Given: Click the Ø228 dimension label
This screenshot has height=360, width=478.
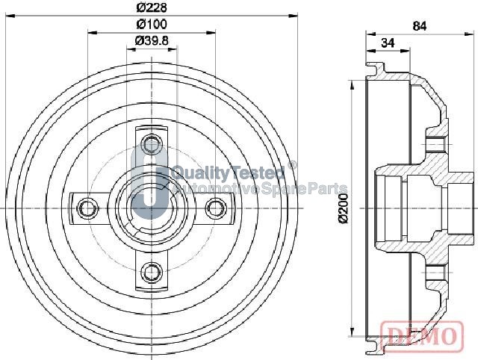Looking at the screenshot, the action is [152, 7].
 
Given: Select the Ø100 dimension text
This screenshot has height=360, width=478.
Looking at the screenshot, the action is [152, 24].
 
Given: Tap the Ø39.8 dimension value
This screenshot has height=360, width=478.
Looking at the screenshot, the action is [152, 41].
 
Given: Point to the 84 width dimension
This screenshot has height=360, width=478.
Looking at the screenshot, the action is [420, 26].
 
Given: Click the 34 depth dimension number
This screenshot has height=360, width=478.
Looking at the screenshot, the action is [388, 43].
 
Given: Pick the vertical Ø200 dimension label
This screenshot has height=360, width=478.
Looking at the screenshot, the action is [344, 208].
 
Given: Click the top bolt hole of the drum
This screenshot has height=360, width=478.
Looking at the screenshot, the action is [152, 144].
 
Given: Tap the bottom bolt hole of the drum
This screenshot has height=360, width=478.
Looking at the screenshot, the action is [152, 272].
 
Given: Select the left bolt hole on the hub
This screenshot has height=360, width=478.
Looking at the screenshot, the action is [87, 208].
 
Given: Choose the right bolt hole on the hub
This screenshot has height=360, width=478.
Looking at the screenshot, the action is [216, 208].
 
